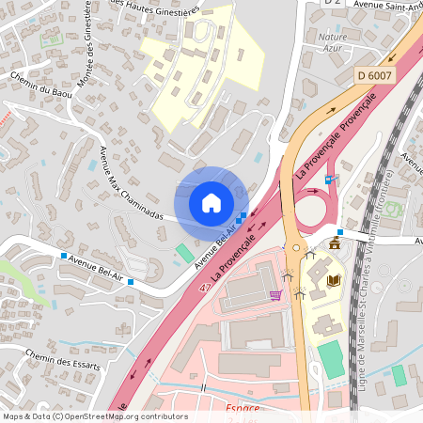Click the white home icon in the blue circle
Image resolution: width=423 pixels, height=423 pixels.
click(x=211, y=202)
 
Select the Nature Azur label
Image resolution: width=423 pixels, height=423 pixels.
click(x=332, y=41)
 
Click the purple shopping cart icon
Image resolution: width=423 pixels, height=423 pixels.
click(x=275, y=295)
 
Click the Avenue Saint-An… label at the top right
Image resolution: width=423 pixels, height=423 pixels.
click(x=386, y=5)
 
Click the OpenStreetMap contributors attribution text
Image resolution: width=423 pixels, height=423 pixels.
click(x=94, y=416)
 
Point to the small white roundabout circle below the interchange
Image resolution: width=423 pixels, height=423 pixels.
click(x=297, y=250)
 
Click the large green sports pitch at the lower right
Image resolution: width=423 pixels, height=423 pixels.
click(x=331, y=360)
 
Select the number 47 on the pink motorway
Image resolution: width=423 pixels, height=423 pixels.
click(x=204, y=290)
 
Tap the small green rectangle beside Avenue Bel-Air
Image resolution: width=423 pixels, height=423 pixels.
click(x=184, y=252)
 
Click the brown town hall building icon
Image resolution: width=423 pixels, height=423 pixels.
click(x=334, y=243)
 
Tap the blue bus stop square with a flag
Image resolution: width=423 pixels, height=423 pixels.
click(x=328, y=179)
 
